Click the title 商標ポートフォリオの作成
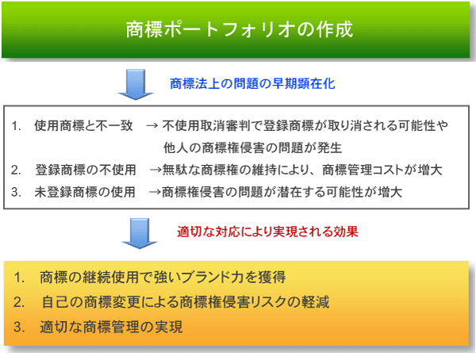click(240, 29)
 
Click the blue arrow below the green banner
click(136, 84)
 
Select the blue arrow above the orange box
click(140, 233)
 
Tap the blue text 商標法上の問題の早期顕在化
click(252, 84)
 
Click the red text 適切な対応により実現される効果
click(267, 232)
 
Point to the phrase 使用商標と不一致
click(83, 125)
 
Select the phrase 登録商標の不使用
click(86, 170)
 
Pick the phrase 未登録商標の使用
click(85, 192)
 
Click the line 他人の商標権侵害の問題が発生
click(252, 147)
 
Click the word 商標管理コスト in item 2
click(363, 170)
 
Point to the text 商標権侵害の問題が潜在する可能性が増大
click(282, 192)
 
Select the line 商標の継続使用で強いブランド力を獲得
click(163, 277)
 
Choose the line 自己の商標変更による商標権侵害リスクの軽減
click(186, 302)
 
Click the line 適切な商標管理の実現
click(111, 327)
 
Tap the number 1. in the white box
click(17, 125)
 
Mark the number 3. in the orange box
click(19, 327)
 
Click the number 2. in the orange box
click(19, 302)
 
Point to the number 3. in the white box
click(17, 192)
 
